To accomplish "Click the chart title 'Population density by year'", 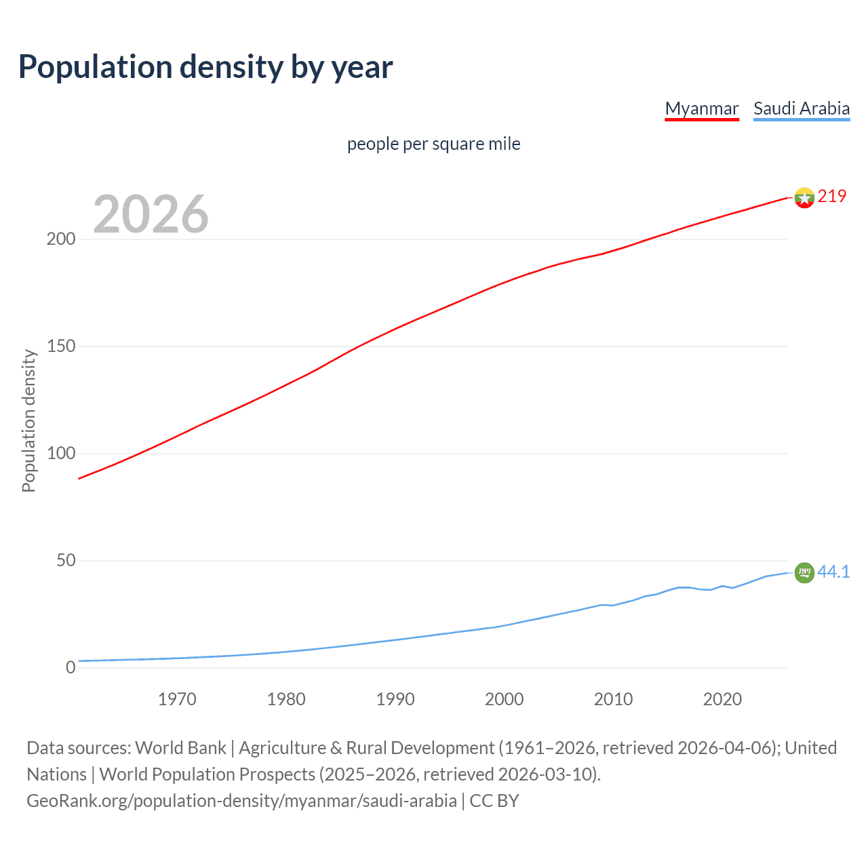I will click(x=205, y=67).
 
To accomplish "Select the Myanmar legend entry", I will click(x=701, y=108).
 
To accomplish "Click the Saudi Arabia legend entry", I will click(x=801, y=108).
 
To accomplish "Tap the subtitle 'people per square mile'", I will click(x=433, y=144).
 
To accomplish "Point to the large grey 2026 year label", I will click(x=151, y=214).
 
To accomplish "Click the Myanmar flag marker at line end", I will click(x=804, y=197).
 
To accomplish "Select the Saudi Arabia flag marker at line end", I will click(x=804, y=573).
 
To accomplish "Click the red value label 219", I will click(x=832, y=196).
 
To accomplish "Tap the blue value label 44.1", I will click(x=833, y=572).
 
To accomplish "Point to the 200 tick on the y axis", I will click(x=61, y=239).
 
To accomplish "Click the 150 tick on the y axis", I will click(x=61, y=347).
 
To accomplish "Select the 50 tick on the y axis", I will click(x=66, y=561).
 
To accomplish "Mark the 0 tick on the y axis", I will click(x=71, y=668).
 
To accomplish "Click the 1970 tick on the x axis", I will click(x=177, y=699).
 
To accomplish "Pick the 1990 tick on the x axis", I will click(x=395, y=699).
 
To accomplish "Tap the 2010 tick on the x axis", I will click(x=613, y=699).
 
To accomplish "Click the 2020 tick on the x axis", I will click(x=722, y=699).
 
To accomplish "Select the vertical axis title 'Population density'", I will click(x=28, y=420).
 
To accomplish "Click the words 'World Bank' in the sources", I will click(x=180, y=748).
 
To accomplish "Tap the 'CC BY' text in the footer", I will click(x=494, y=801).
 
